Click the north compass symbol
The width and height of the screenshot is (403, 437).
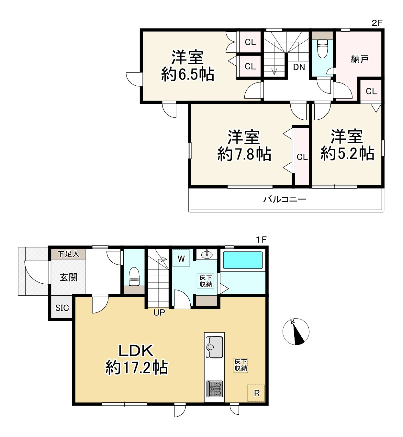(x=296, y=332)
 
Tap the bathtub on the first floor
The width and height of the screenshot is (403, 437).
(x=243, y=260)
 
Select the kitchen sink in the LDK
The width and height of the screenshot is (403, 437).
(x=214, y=347)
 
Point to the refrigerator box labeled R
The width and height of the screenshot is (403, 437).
(x=256, y=393)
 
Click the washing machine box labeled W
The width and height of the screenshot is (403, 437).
(x=181, y=258)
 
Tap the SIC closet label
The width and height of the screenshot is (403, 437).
(x=62, y=308)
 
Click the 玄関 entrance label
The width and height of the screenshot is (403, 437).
(x=69, y=278)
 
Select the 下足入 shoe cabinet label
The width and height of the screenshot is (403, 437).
(x=68, y=254)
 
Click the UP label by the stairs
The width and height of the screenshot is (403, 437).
(x=159, y=312)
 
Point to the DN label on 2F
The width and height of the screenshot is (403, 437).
(x=299, y=67)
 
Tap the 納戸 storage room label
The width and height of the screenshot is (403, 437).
(x=360, y=59)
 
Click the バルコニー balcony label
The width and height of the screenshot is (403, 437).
(x=285, y=199)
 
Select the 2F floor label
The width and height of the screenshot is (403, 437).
(x=377, y=23)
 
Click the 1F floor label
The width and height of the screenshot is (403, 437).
(x=261, y=240)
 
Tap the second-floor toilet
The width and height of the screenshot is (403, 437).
(x=322, y=49)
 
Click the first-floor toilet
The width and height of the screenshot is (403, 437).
(x=134, y=277)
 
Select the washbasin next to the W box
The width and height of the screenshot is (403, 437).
(x=207, y=254)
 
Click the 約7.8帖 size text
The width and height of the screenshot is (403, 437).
(x=244, y=154)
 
